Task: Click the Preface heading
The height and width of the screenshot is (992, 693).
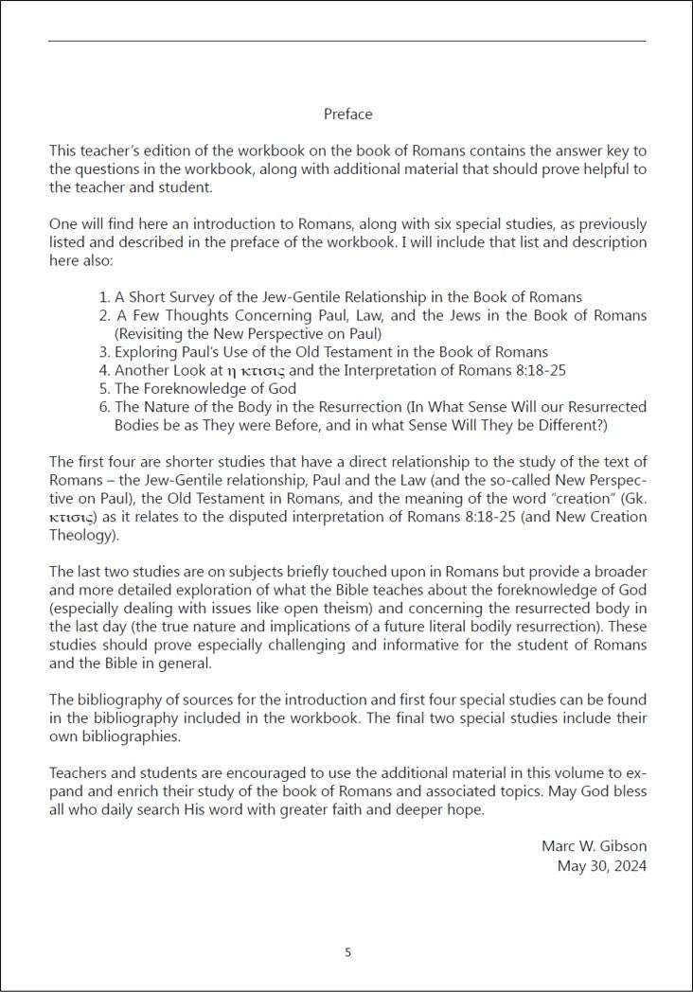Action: [347, 115]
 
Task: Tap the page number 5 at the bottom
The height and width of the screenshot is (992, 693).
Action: [347, 952]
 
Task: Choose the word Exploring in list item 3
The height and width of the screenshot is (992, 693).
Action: [146, 351]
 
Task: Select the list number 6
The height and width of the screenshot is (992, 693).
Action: [104, 406]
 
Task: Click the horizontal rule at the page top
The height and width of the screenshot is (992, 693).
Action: [346, 41]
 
